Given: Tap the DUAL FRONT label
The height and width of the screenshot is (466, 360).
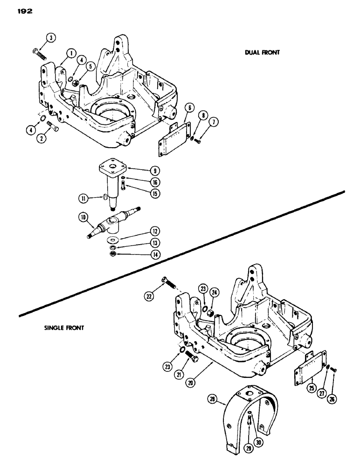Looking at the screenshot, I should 262,53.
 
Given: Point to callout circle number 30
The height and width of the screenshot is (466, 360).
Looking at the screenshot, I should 256,441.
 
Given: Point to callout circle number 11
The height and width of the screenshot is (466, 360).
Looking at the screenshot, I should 83,198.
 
